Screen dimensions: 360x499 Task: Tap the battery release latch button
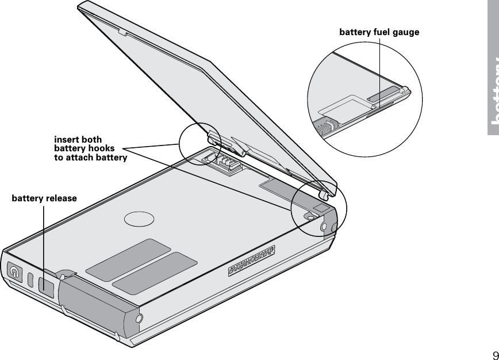[x=45, y=284]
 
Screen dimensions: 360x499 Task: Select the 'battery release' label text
[x=44, y=198]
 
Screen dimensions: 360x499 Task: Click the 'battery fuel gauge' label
[x=379, y=32]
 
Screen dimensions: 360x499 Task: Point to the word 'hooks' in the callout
[x=101, y=149]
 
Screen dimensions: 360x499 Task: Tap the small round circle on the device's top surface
[x=139, y=219]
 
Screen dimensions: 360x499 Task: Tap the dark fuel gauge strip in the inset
[x=383, y=94]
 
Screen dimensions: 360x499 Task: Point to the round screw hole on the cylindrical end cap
[x=139, y=319]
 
